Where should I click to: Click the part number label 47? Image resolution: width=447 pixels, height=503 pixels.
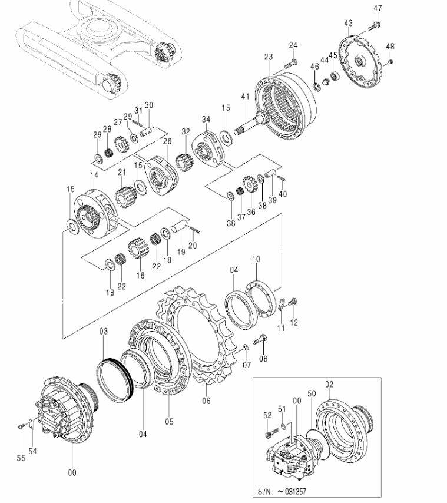[378, 8]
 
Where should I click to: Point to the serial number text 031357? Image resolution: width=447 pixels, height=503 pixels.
[294, 491]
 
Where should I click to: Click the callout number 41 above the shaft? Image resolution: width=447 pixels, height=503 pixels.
[246, 96]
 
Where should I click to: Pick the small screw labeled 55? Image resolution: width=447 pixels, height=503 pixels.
[21, 426]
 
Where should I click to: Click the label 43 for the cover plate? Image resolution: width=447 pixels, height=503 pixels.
[348, 23]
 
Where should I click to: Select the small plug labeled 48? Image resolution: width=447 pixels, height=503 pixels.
[390, 62]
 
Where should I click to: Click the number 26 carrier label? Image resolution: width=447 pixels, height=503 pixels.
[167, 141]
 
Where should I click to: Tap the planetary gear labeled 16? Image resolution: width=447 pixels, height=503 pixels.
[136, 248]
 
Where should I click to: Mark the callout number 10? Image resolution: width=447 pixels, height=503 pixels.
[256, 259]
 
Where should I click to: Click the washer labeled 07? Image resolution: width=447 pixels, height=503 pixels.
[246, 348]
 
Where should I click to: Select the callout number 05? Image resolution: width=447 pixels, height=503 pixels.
[169, 421]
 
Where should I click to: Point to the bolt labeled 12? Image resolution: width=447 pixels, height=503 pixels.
[293, 302]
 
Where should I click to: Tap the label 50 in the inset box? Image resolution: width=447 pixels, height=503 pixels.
[312, 393]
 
